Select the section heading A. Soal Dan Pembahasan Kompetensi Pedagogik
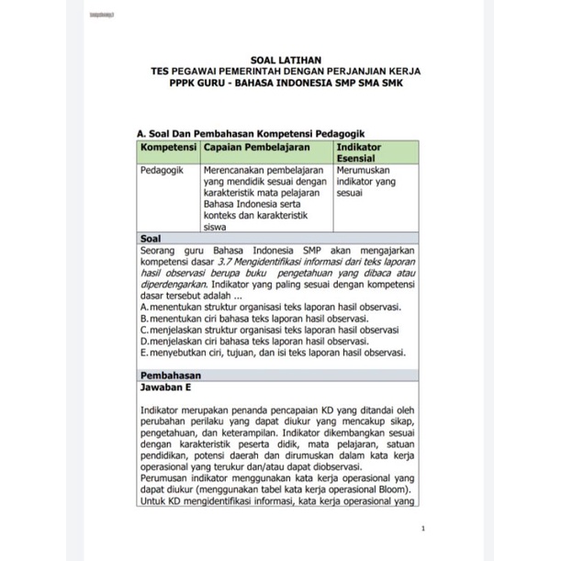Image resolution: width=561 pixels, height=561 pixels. pos(255,133)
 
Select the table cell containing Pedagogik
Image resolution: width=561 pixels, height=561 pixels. pos(163,170)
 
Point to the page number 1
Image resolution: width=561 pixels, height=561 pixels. pos(421,529)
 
